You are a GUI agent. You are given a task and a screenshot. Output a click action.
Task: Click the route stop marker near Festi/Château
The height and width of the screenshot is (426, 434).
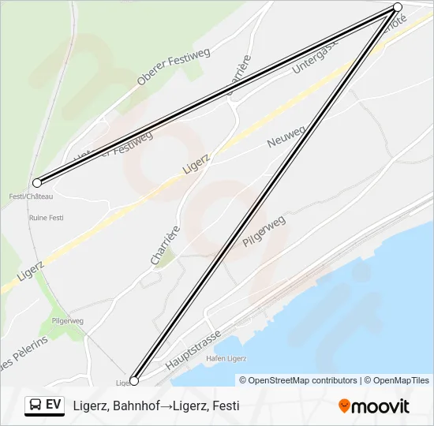37,182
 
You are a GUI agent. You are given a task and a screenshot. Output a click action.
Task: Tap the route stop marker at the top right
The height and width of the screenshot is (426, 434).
398,7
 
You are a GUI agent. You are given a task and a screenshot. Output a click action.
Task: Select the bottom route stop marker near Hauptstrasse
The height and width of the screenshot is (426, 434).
134,381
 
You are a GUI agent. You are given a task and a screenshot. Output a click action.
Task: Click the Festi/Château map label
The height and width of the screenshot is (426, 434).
31,196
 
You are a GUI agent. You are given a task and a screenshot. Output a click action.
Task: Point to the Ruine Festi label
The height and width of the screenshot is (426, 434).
45,217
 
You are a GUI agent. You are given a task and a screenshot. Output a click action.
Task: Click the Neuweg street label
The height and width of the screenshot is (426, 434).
286,136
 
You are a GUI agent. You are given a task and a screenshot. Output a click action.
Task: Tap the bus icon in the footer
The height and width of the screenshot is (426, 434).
36,405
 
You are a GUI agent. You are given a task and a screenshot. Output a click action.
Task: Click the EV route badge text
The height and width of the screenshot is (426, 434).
54,405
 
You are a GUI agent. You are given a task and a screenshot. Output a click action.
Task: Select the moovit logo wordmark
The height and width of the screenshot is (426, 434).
380,406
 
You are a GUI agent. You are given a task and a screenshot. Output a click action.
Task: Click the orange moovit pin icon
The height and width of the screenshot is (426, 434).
344,405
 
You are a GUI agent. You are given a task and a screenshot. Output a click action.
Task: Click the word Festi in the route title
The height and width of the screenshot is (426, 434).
224,406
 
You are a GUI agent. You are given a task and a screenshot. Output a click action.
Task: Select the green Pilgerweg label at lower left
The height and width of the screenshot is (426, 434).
67,321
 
